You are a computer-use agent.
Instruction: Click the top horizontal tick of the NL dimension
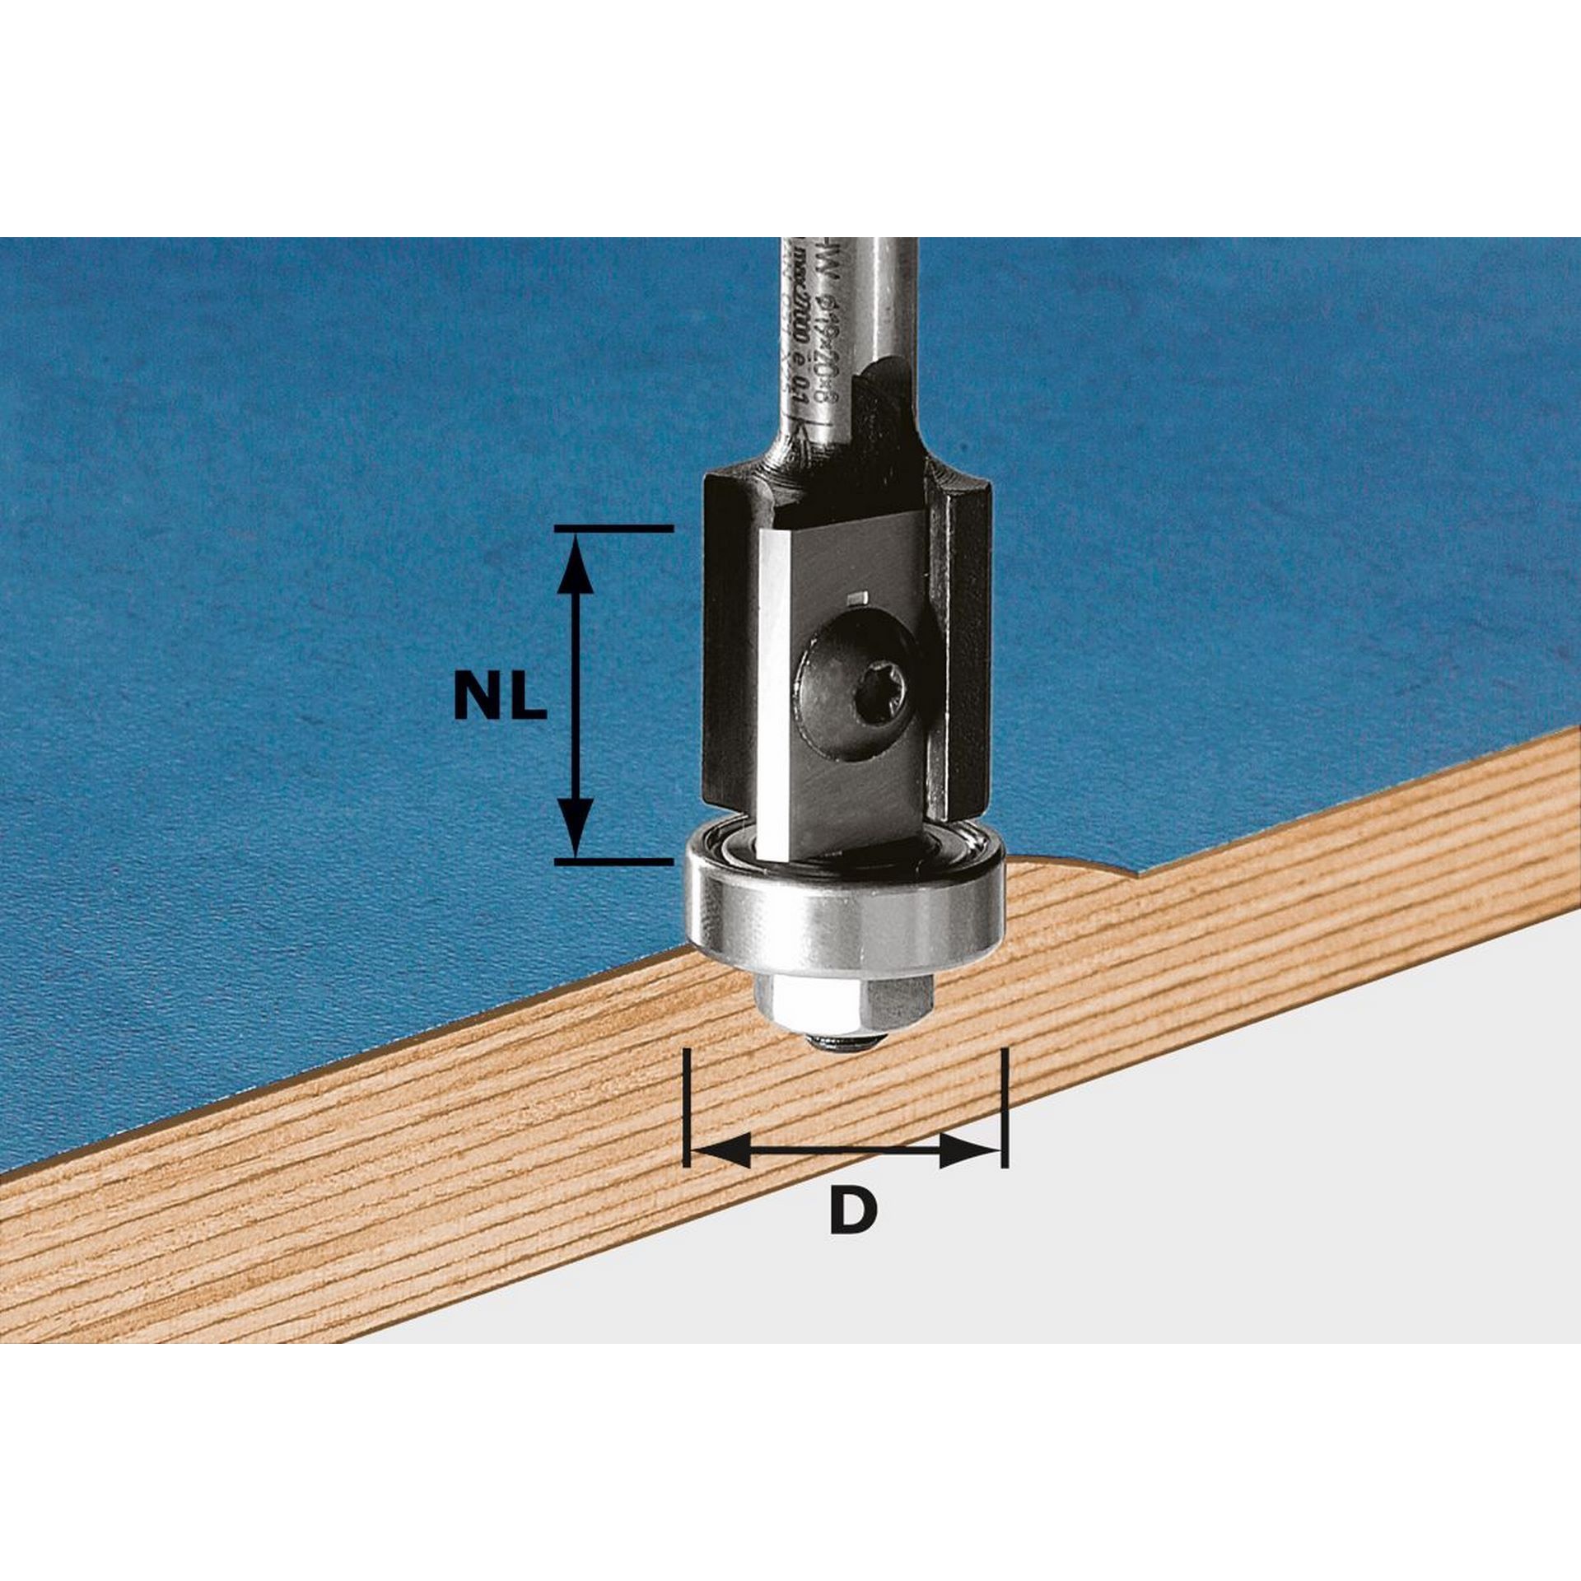[x=613, y=528]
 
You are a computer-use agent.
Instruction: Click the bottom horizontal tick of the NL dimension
[x=613, y=861]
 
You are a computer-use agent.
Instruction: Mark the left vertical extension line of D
[x=686, y=1103]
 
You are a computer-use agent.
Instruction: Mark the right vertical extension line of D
[x=1004, y=1103]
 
